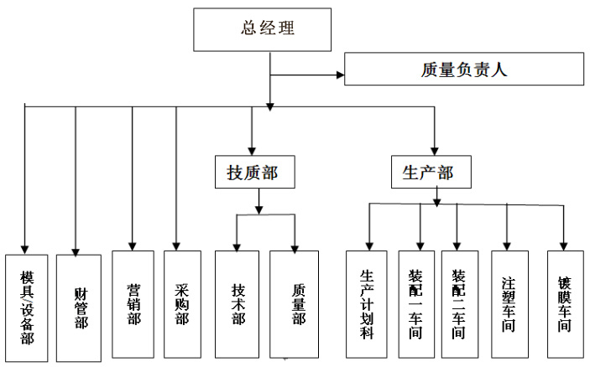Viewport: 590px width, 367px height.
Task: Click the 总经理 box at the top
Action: (x=262, y=29)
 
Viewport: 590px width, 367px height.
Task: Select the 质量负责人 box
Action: (x=464, y=69)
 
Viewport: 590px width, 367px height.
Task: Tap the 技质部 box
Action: (x=255, y=172)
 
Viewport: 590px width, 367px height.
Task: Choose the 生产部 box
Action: (x=431, y=172)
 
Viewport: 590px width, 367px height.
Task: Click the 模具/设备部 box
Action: (x=26, y=308)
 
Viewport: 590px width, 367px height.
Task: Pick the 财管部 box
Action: (x=79, y=308)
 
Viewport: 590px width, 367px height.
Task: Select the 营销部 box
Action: (x=133, y=304)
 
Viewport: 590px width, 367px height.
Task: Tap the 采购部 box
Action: (x=182, y=304)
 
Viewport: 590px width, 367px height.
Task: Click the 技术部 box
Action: (x=237, y=304)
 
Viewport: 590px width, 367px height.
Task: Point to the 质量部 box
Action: (x=295, y=304)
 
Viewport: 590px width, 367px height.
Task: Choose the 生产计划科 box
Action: (x=367, y=304)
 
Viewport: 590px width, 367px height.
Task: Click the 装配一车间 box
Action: (x=416, y=304)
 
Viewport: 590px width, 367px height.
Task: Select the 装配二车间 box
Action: (x=460, y=304)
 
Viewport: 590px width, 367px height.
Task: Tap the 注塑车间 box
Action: (x=510, y=304)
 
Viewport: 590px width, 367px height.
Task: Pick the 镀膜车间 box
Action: (x=566, y=304)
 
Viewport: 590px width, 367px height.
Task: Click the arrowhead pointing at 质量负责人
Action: (x=340, y=75)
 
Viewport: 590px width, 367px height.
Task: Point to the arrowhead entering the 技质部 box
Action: (x=252, y=152)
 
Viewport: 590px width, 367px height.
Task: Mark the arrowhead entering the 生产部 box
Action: (x=435, y=152)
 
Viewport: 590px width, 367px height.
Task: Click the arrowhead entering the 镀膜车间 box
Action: (x=563, y=246)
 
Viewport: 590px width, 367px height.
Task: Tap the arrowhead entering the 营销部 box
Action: (x=132, y=246)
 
